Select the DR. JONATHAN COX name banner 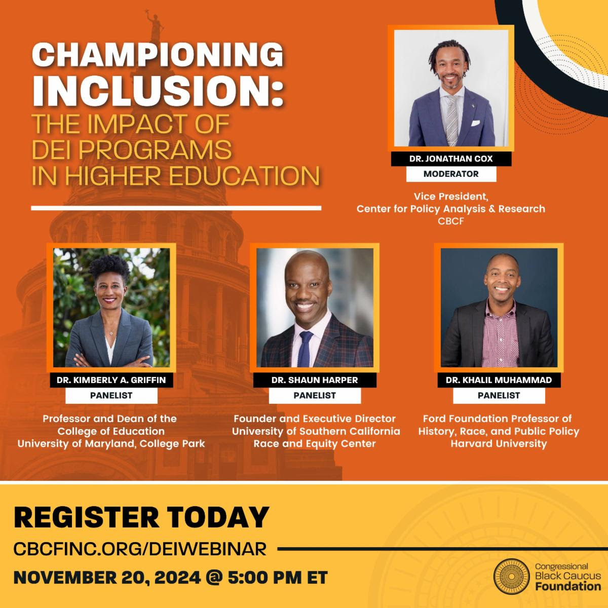click(x=451, y=159)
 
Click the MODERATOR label click(x=451, y=174)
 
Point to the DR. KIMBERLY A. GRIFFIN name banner click(x=111, y=380)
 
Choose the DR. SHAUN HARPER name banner click(x=315, y=380)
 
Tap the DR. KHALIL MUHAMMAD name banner click(x=499, y=380)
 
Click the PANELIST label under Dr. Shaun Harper click(x=315, y=395)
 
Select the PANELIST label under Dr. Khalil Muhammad click(x=499, y=395)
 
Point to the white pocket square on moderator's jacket click(x=475, y=123)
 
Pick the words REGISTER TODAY click(x=141, y=518)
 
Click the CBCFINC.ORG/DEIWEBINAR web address click(x=140, y=549)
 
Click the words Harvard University click(x=499, y=444)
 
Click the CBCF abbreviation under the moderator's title click(x=451, y=221)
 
